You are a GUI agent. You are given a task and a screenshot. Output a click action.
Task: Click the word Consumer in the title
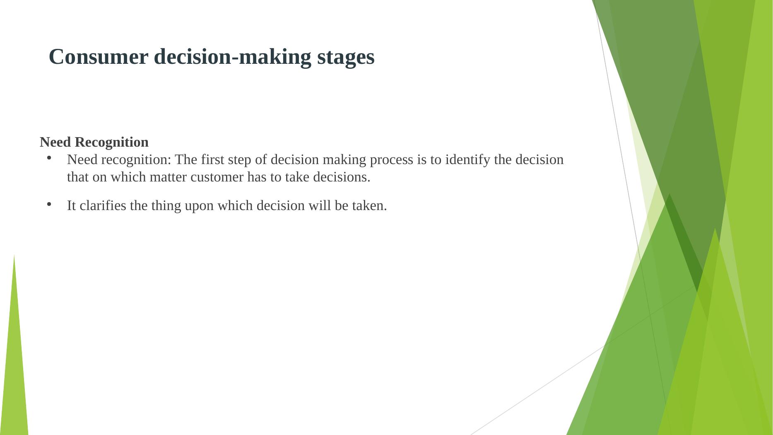click(x=98, y=57)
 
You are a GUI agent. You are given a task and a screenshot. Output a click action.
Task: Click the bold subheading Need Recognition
click(x=94, y=142)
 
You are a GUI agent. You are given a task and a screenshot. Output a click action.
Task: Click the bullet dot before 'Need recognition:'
click(x=49, y=158)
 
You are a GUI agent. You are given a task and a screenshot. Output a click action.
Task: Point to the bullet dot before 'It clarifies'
click(x=49, y=204)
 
